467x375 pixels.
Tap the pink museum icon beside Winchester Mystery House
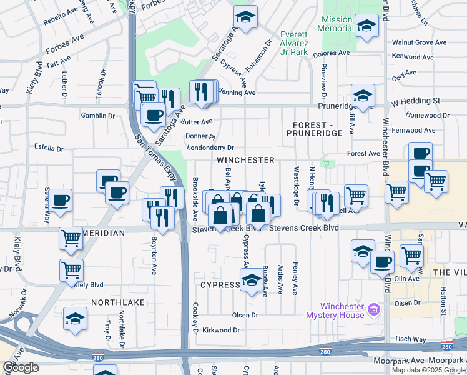374,309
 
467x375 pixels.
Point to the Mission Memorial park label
337,24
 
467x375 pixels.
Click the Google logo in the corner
21,367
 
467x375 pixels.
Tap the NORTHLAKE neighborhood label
118,302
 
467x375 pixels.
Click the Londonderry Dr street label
210,148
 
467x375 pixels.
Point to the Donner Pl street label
200,136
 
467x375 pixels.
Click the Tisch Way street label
410,339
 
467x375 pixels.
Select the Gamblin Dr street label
98,116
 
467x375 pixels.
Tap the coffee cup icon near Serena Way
61,201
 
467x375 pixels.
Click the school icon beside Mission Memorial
366,26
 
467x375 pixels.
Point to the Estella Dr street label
49,149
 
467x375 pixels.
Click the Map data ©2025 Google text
428,369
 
